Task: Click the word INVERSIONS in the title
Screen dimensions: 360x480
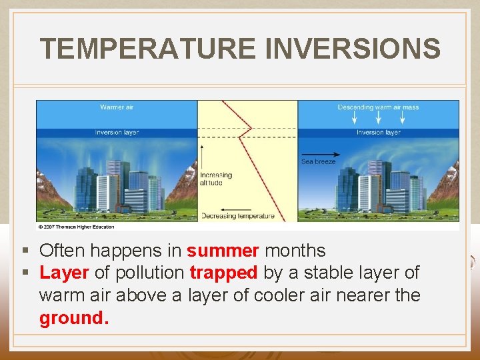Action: (x=353, y=49)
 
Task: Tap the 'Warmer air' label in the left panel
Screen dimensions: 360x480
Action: (x=117, y=107)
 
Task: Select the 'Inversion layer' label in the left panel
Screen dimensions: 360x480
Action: (x=117, y=132)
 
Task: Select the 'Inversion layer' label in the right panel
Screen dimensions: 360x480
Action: (x=378, y=132)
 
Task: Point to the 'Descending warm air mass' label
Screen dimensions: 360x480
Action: (x=378, y=107)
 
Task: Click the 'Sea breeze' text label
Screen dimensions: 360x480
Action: (x=319, y=161)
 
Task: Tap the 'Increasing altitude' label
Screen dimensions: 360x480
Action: (x=216, y=179)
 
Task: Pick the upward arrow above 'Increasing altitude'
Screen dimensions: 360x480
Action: (x=201, y=153)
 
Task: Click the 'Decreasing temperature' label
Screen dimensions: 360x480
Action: (x=237, y=216)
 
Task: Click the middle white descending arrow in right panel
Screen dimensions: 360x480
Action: (x=379, y=117)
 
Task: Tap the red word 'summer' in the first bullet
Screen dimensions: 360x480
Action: (x=223, y=251)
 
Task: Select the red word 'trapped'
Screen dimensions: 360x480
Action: (x=223, y=273)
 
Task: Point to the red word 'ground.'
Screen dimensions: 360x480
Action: (x=73, y=318)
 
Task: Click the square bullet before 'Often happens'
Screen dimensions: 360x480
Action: (x=25, y=251)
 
